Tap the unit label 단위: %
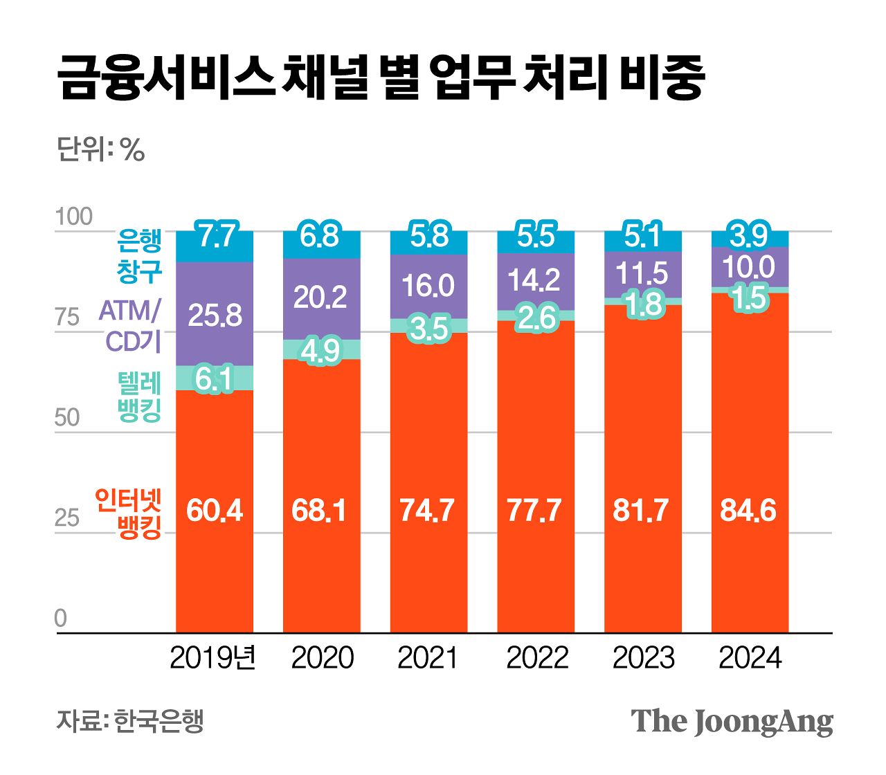pyautogui.click(x=100, y=149)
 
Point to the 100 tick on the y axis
pyautogui.click(x=73, y=217)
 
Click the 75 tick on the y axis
pyautogui.click(x=67, y=318)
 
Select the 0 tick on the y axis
pyautogui.click(x=61, y=618)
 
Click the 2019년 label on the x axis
pyautogui.click(x=213, y=658)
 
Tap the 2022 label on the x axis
pyautogui.click(x=536, y=658)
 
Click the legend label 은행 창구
pyautogui.click(x=139, y=256)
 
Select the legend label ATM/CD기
pyautogui.click(x=131, y=326)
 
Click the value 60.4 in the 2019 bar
pyautogui.click(x=215, y=511)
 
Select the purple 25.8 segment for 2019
pyautogui.click(x=215, y=315)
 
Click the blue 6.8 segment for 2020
pyautogui.click(x=321, y=237)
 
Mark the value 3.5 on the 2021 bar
pyautogui.click(x=428, y=328)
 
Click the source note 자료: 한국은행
pyautogui.click(x=130, y=722)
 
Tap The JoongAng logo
pyautogui.click(x=732, y=722)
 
